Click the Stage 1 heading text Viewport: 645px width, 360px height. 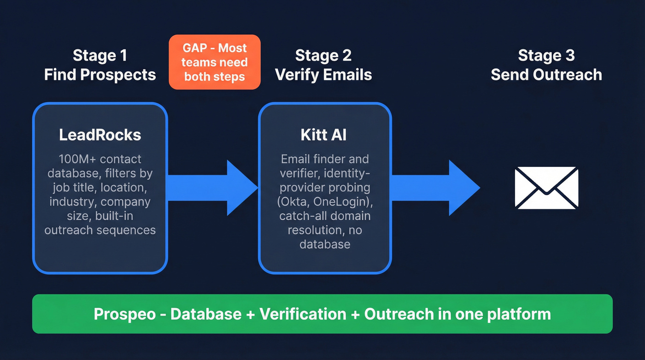pos(100,56)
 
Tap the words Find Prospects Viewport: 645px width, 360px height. pos(100,75)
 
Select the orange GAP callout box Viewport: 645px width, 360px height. pos(215,62)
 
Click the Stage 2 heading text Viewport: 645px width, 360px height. pos(323,56)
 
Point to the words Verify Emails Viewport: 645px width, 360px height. pos(323,75)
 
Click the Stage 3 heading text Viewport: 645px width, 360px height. pos(546,56)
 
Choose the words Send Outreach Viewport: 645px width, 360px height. pos(546,75)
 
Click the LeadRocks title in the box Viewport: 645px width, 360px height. pos(100,135)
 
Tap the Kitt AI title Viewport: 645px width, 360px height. pos(324,135)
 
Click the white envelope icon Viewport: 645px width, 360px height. pos(546,188)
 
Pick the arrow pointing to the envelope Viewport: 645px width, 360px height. pos(435,188)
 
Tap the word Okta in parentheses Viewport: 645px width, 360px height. pos(299,202)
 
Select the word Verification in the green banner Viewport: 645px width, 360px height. pos(303,314)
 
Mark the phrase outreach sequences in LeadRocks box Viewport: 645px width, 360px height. pos(100,230)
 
